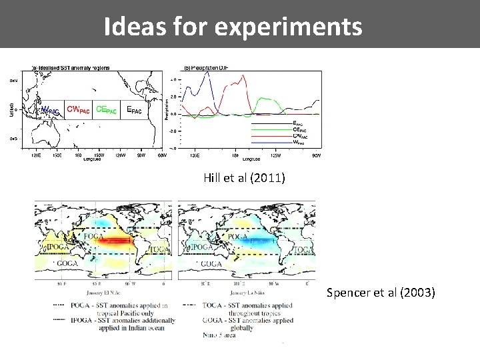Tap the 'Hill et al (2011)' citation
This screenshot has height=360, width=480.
coord(245,177)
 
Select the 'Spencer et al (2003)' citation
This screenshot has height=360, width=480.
coord(381,292)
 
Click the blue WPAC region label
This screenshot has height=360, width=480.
coord(51,109)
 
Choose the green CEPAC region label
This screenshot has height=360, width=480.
coord(106,109)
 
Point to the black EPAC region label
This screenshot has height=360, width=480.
coord(133,110)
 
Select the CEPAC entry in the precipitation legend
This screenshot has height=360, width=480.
coord(299,129)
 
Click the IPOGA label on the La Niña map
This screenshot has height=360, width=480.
coord(203,247)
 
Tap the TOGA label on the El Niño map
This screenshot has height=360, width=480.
coord(159,249)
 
